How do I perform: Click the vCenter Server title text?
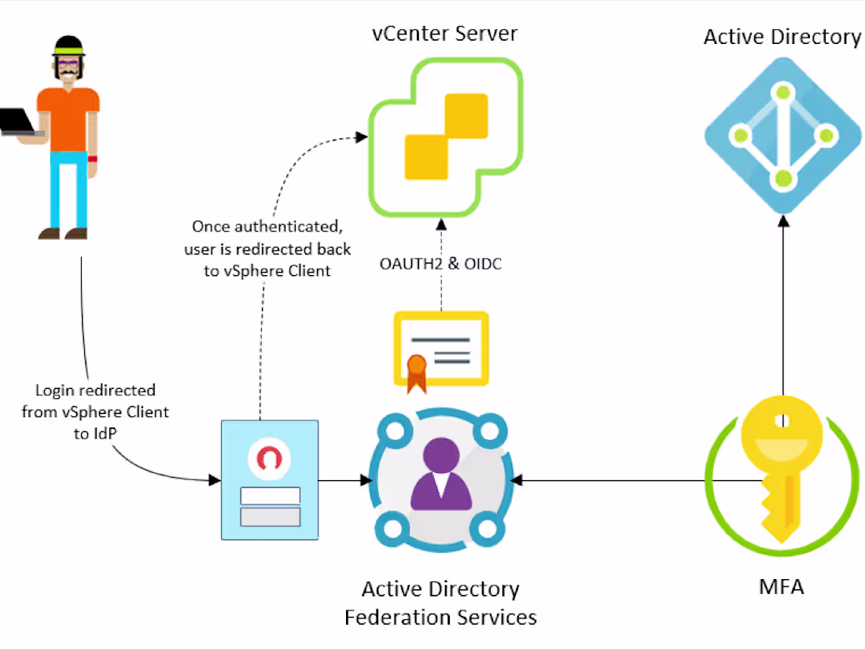pyautogui.click(x=445, y=34)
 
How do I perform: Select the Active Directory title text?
pyautogui.click(x=782, y=37)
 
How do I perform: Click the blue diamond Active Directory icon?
pyautogui.click(x=782, y=136)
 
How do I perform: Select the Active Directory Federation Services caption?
pyautogui.click(x=440, y=603)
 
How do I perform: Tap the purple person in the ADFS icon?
pyautogui.click(x=440, y=475)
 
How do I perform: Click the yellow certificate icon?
pyautogui.click(x=441, y=346)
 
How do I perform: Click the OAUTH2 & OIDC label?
pyautogui.click(x=440, y=264)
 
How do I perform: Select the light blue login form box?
pyautogui.click(x=270, y=479)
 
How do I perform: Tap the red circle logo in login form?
pyautogui.click(x=270, y=458)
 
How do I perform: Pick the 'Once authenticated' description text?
pyautogui.click(x=268, y=248)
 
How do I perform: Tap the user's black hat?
pyautogui.click(x=68, y=45)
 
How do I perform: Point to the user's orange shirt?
pyautogui.click(x=68, y=118)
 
